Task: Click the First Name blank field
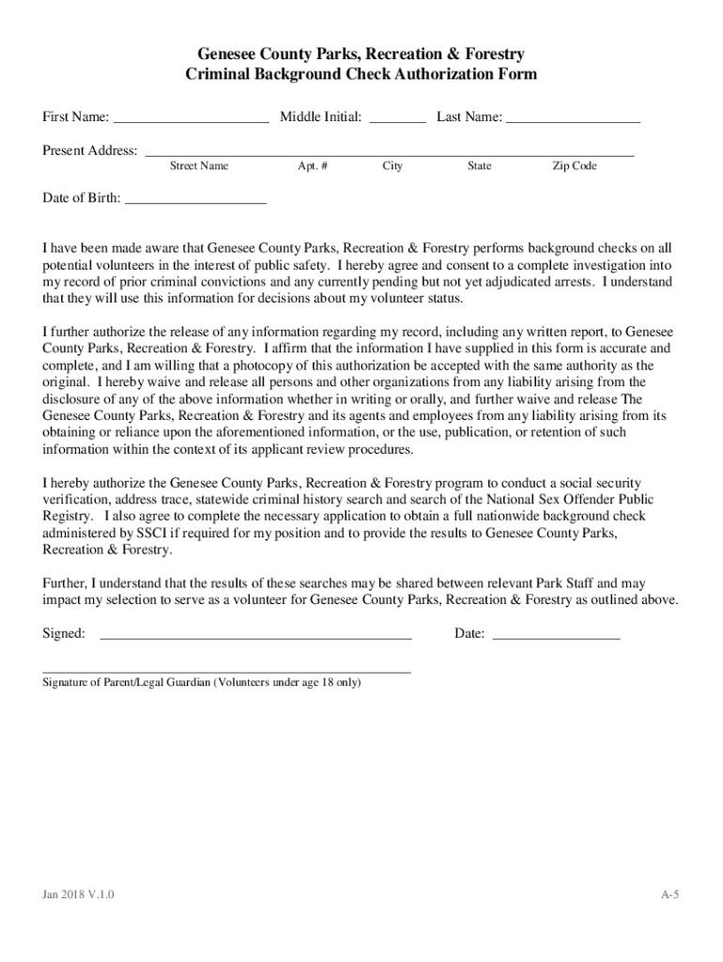tap(191, 119)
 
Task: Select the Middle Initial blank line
tap(397, 119)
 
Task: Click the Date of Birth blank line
tap(195, 200)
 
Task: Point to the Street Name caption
tap(198, 166)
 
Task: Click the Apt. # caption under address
tap(313, 166)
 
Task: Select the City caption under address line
tap(392, 166)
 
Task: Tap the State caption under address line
tap(479, 166)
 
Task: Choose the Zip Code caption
tap(575, 166)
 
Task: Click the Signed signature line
tap(255, 636)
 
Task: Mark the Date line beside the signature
tap(556, 636)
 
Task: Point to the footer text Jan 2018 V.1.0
tap(78, 894)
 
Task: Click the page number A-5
tap(669, 894)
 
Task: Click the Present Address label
tap(90, 151)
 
